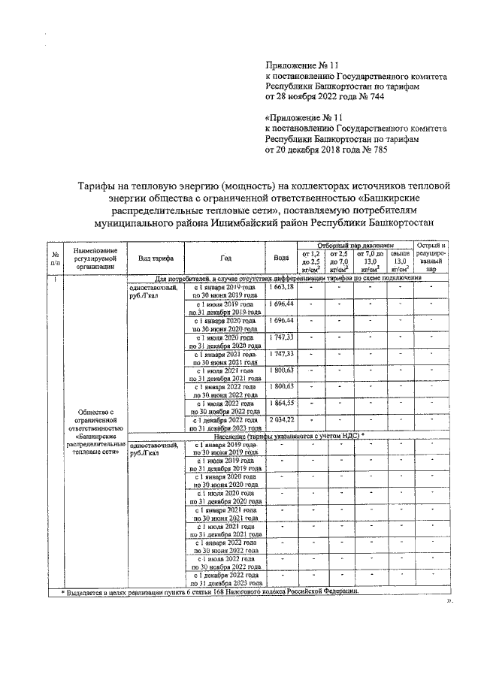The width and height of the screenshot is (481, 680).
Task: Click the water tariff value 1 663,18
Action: click(282, 288)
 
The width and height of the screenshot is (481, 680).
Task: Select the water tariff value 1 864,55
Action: click(282, 403)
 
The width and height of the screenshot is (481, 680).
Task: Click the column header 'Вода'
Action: click(282, 258)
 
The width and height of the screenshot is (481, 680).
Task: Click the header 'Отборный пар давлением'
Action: click(355, 246)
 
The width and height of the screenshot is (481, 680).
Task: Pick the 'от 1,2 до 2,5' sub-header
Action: click(310, 262)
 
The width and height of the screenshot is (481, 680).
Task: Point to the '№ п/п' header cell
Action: click(56, 258)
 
